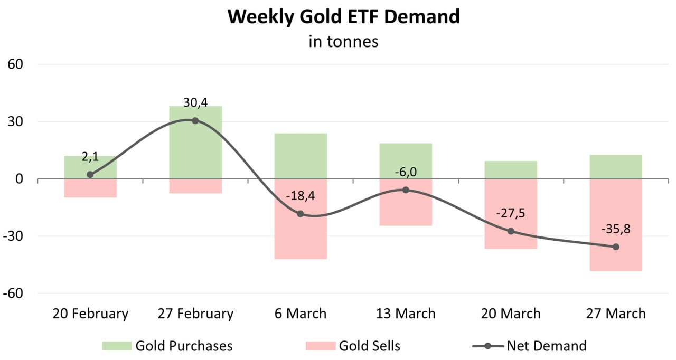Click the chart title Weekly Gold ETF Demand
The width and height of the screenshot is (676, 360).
(343, 17)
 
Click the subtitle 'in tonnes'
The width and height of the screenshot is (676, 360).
(343, 41)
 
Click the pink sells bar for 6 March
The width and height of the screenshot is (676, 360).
(301, 238)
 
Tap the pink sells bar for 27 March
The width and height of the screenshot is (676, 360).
(616, 259)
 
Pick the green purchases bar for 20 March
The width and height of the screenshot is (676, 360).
(511, 170)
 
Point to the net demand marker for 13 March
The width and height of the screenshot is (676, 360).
(406, 190)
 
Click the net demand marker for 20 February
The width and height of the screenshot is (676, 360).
(90, 174)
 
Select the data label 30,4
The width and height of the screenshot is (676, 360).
(195, 103)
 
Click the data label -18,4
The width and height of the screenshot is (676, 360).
(301, 196)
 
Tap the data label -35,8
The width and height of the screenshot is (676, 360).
(616, 229)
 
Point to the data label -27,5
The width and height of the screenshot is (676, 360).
(511, 213)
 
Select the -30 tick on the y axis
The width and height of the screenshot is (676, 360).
(13, 236)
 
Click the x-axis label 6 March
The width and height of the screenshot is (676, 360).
(301, 314)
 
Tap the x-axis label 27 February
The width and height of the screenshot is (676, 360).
(195, 314)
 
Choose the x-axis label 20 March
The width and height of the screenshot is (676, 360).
(511, 314)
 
